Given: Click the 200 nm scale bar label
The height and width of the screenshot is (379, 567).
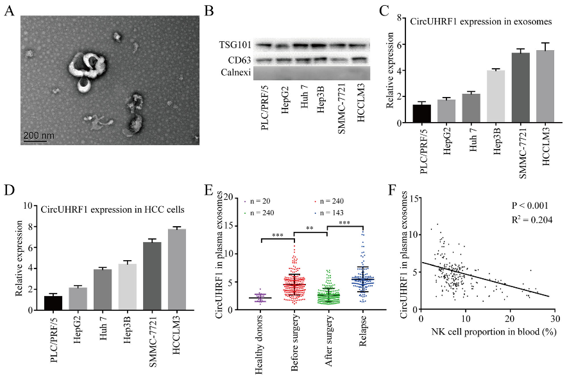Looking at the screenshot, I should pyautogui.click(x=39, y=136).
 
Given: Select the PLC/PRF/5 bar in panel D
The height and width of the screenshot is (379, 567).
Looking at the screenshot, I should pyautogui.click(x=53, y=302).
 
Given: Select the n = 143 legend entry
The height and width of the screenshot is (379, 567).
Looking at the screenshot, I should pyautogui.click(x=339, y=212).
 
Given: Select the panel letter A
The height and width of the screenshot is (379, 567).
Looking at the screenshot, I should pyautogui.click(x=9, y=10).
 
